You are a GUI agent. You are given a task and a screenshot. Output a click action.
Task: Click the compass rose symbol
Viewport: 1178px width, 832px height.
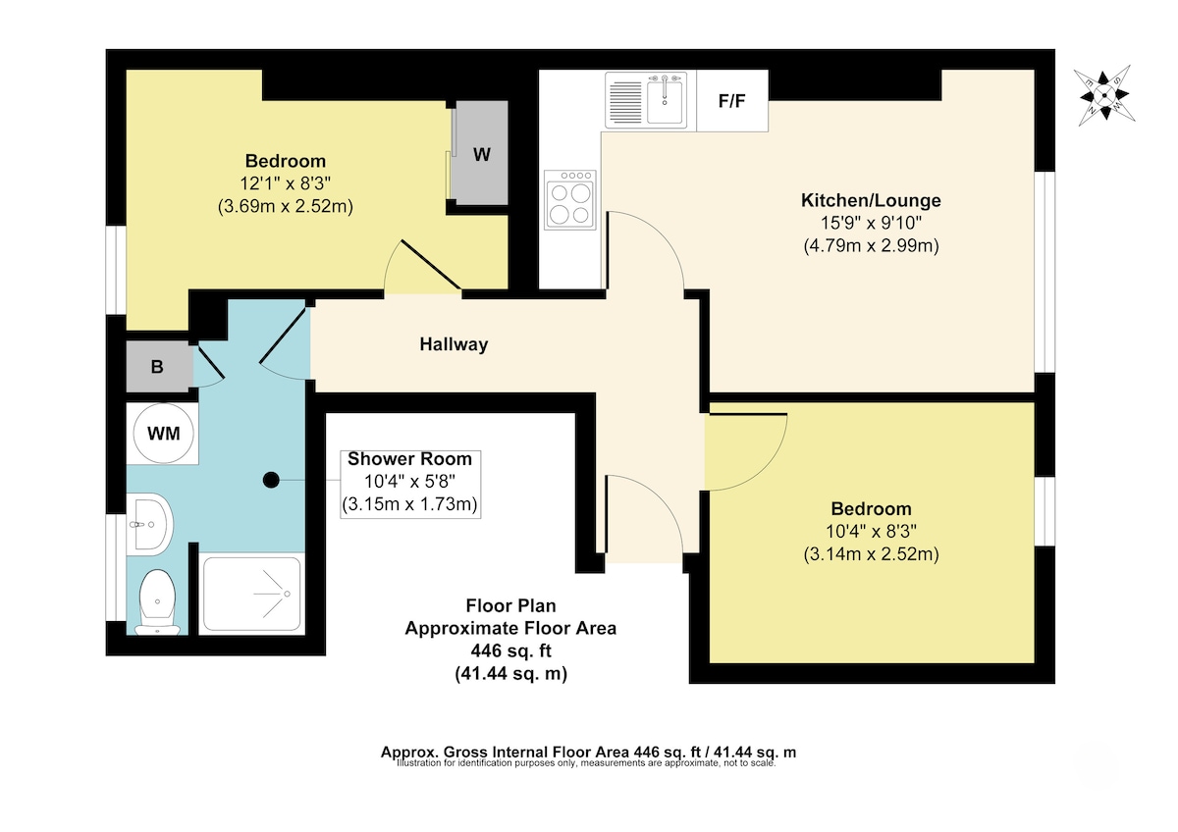pos(1104,95)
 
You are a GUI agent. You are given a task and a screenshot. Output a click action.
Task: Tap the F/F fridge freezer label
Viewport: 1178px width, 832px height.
pos(731,100)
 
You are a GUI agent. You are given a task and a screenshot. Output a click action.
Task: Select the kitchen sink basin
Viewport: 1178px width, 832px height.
pos(665,100)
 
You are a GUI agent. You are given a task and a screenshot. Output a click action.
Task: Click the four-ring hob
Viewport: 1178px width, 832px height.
pos(570,200)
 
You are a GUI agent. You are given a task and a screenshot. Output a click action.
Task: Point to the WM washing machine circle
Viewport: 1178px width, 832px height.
pos(164,434)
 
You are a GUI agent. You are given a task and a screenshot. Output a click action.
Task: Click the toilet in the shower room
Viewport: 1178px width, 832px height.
pos(157,601)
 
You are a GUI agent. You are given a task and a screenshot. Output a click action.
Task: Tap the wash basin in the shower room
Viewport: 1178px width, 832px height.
pos(149,524)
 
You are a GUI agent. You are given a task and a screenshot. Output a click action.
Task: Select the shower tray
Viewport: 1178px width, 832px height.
pos(252,594)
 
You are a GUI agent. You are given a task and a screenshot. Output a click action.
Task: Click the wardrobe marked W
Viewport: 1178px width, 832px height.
pos(481,153)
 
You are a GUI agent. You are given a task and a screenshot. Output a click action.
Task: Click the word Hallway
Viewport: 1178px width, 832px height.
pos(454,344)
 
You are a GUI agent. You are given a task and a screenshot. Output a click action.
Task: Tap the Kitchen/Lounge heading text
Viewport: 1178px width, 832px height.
pos(871,200)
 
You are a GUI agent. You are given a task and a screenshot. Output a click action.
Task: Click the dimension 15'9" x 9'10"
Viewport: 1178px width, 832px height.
pos(872,223)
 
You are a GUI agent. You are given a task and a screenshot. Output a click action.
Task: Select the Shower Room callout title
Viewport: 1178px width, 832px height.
pos(409,459)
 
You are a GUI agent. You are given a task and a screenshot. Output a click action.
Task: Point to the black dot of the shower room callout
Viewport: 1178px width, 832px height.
pos(271,480)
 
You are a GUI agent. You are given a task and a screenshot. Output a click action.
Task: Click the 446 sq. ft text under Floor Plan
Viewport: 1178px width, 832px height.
pos(510,651)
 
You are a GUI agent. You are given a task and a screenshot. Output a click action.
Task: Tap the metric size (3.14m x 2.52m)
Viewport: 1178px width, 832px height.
pos(871,554)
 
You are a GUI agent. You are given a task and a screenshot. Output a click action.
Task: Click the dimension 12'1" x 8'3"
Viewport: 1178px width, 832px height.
pos(285,183)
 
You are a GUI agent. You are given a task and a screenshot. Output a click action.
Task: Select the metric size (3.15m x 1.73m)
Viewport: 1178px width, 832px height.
pos(409,504)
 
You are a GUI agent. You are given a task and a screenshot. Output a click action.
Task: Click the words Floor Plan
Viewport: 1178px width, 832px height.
pos(510,606)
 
